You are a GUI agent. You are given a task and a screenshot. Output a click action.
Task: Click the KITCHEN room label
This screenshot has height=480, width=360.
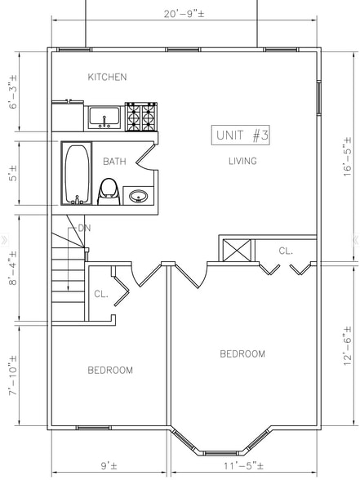tap(107, 77)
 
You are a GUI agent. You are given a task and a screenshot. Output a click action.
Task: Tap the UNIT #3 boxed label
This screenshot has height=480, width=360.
tap(241, 135)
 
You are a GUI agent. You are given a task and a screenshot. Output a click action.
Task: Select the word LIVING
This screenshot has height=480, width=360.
tap(242, 161)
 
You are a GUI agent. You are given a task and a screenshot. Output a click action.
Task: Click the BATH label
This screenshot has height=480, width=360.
tap(114, 162)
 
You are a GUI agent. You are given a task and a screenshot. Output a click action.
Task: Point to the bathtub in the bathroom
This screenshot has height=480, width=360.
tap(77, 173)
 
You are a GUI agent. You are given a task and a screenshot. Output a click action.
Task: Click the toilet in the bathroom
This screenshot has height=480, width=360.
tap(109, 192)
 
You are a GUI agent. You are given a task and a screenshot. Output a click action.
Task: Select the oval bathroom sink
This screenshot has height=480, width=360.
tap(139, 196)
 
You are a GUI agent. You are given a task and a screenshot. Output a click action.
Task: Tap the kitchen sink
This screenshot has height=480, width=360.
tap(104, 118)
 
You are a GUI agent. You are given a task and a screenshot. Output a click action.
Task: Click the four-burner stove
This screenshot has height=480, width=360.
tap(141, 117)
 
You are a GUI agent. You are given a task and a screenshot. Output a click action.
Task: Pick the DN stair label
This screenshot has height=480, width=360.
tap(84, 228)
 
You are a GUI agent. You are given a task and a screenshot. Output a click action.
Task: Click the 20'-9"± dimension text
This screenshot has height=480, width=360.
tap(184, 14)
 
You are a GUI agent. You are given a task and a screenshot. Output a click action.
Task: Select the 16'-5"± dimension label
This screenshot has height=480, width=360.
tap(347, 157)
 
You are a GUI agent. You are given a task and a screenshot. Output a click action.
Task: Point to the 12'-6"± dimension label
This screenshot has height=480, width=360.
tap(347, 346)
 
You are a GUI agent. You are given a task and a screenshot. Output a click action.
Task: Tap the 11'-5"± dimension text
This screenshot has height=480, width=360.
tap(243, 466)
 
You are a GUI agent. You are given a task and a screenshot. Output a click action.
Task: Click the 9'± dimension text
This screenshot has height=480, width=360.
tap(109, 466)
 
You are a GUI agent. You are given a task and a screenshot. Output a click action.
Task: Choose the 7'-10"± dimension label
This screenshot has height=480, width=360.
tap(13, 376)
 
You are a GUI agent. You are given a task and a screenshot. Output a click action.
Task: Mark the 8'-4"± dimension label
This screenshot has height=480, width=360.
tap(13, 268)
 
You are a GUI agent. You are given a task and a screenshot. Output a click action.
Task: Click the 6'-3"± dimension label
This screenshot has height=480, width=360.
tap(13, 91)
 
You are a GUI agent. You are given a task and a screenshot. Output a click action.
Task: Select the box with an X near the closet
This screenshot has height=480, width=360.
tap(237, 251)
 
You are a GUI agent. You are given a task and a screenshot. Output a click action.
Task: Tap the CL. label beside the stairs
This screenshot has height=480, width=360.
tap(101, 294)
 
